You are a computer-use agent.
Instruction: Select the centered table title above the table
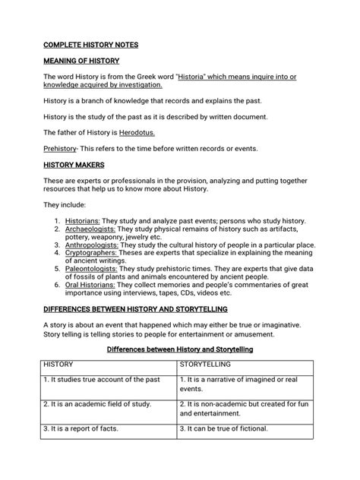click(179, 349)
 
